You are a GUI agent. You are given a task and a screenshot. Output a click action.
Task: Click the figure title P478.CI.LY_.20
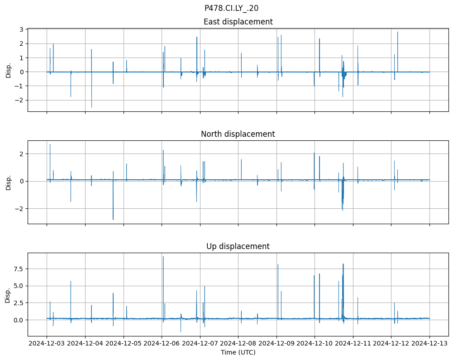(x=231, y=8)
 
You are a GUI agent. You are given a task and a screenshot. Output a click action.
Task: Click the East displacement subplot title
(x=238, y=22)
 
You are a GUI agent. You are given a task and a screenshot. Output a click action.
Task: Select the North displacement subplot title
(x=238, y=134)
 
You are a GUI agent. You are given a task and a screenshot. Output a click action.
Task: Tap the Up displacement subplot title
(x=238, y=246)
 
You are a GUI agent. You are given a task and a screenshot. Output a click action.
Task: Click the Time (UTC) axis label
(x=238, y=352)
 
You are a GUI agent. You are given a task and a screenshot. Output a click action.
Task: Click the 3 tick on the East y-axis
(x=21, y=29)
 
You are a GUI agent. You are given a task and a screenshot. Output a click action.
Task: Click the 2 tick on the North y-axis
(x=21, y=154)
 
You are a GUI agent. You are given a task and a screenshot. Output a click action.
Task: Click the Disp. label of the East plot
(x=9, y=70)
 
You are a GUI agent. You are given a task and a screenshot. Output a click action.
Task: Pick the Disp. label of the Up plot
(x=9, y=295)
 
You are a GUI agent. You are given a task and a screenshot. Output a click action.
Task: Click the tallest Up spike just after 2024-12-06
(x=163, y=257)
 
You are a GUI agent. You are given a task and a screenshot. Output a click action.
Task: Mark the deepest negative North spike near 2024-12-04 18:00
(x=113, y=219)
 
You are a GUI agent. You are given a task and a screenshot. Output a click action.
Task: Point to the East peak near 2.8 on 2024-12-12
(x=397, y=32)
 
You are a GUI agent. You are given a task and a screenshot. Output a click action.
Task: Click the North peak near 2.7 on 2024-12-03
(x=50, y=144)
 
